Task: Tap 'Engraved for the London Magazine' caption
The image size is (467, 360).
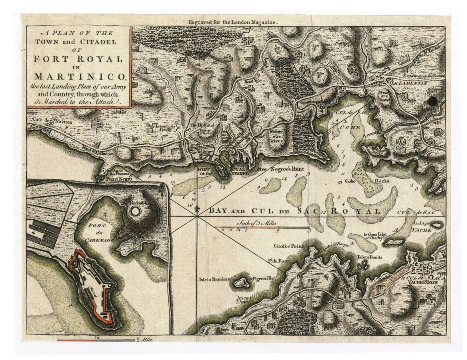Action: pyautogui.click(x=233, y=22)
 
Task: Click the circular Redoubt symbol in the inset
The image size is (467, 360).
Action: pyautogui.click(x=136, y=212)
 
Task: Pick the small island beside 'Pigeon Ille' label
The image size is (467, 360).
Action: pyautogui.click(x=240, y=282)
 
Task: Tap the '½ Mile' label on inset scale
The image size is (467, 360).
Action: pyautogui.click(x=144, y=339)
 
